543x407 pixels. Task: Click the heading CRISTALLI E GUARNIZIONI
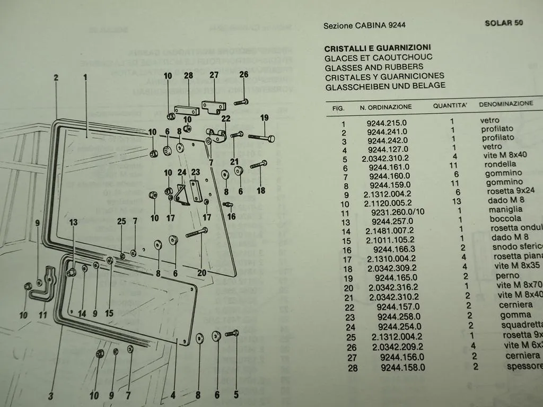(x=378, y=47)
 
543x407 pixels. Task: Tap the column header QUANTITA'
(x=450, y=105)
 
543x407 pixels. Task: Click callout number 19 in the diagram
(x=264, y=117)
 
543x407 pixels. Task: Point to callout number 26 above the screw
(x=243, y=75)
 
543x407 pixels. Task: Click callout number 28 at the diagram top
(x=188, y=76)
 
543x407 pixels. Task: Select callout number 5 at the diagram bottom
(x=236, y=394)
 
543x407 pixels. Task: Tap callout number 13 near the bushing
(x=73, y=222)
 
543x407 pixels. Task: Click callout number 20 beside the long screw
(x=202, y=273)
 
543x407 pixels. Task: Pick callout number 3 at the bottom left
(x=51, y=395)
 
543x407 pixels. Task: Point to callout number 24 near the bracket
(x=182, y=172)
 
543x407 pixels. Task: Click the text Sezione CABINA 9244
(x=365, y=25)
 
